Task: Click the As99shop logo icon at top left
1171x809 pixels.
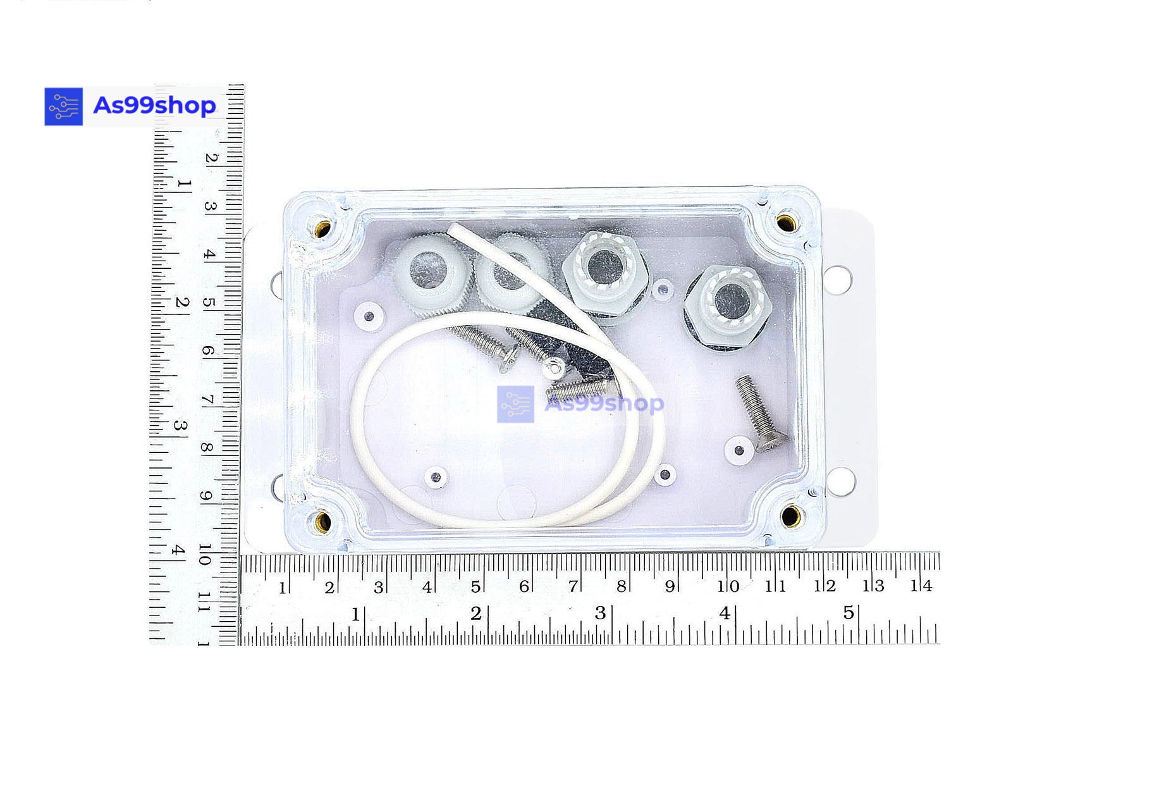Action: [63, 106]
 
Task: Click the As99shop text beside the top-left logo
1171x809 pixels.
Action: [154, 105]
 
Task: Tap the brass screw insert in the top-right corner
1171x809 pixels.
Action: [786, 222]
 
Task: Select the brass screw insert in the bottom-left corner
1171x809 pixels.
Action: [323, 522]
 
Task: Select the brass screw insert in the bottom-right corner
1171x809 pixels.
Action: [790, 516]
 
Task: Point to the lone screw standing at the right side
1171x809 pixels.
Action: [761, 413]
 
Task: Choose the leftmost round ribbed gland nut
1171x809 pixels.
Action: [428, 273]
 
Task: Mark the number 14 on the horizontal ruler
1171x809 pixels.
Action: [921, 586]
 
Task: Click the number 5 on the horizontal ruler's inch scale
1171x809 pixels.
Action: [849, 612]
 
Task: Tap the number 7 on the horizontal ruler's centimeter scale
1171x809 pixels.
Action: [572, 586]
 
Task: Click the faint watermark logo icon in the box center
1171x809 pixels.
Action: [515, 404]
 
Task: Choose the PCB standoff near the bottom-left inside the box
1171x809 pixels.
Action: [436, 477]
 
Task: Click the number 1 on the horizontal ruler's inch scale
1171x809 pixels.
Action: [355, 614]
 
